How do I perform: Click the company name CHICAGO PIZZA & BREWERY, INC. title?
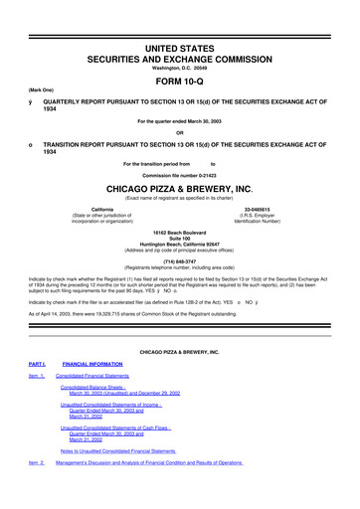(x=180, y=185)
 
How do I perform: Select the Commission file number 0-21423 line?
(x=179, y=171)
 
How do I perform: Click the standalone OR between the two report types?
(x=179, y=133)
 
